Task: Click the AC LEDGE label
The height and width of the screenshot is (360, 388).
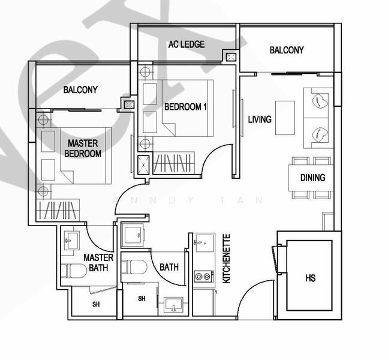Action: [x=187, y=44]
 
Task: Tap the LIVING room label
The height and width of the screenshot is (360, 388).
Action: [x=260, y=119]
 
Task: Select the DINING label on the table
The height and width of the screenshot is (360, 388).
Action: [x=312, y=178]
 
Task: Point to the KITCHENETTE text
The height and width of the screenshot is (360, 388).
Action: [x=227, y=259]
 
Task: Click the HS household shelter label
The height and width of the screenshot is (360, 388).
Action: [x=311, y=278]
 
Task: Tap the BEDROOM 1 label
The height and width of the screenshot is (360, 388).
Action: [x=185, y=107]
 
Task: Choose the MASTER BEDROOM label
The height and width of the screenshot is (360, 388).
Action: [x=83, y=148]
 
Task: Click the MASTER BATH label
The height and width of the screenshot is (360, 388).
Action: [x=98, y=263]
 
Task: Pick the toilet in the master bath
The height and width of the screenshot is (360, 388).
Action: [x=74, y=271]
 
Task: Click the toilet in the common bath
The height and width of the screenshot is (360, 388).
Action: [x=134, y=267]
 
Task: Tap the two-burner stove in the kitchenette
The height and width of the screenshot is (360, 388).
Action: [x=204, y=277]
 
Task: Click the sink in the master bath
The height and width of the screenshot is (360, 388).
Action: [x=72, y=240]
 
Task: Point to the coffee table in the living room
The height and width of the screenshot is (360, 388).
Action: [x=285, y=118]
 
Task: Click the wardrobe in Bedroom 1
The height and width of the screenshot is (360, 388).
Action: [x=174, y=163]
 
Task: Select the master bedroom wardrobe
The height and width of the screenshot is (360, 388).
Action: [x=58, y=210]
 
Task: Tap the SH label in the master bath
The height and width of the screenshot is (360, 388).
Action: [x=96, y=304]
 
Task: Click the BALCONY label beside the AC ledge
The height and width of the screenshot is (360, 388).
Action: [x=287, y=50]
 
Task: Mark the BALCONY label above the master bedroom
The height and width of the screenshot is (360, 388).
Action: [x=80, y=89]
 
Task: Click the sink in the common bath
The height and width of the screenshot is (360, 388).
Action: [x=174, y=304]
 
